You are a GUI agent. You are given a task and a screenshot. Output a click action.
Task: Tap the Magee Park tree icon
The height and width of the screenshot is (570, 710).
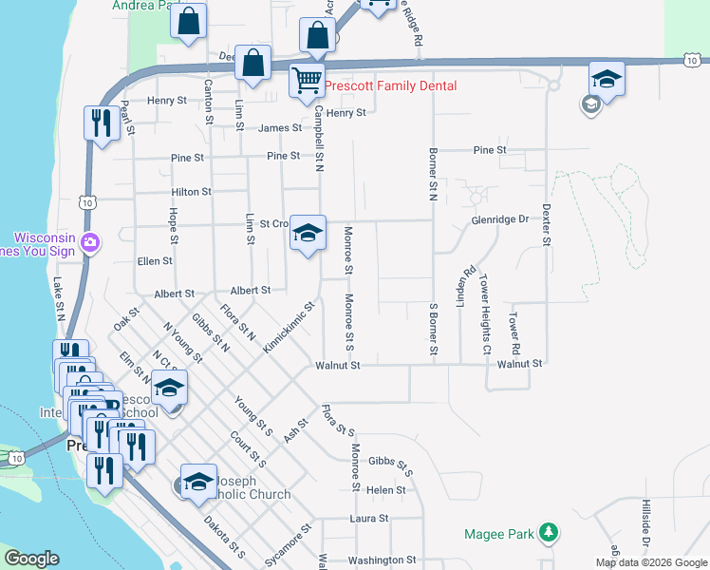547,533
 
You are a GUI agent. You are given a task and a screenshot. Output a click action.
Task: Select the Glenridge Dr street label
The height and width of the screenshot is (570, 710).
499,219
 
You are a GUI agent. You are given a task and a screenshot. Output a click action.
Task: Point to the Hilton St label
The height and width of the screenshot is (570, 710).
191,192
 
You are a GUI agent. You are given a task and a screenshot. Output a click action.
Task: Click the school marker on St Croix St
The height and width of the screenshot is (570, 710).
308,234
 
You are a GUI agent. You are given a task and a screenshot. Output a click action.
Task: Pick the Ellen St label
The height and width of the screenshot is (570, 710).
155,260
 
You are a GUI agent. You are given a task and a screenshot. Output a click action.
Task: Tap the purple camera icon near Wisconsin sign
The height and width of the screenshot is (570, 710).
90,241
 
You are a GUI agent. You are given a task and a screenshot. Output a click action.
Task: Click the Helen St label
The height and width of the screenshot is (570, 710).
386,490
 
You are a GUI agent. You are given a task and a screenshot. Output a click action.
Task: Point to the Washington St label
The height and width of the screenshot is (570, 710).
383,560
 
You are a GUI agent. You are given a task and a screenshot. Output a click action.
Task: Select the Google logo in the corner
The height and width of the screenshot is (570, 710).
31,560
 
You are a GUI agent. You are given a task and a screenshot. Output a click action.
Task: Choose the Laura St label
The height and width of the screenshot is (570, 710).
369,519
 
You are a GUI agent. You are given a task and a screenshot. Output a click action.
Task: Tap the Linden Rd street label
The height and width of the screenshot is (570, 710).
462,287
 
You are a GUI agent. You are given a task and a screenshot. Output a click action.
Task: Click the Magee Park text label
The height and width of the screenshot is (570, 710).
498,534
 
